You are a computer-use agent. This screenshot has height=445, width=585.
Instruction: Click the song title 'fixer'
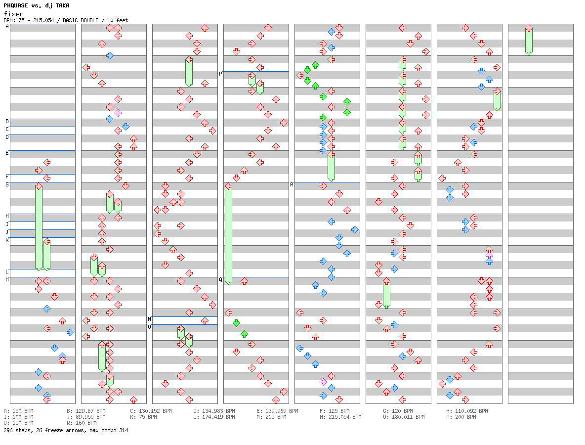13,14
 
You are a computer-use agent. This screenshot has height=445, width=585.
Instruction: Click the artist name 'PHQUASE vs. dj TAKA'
36,5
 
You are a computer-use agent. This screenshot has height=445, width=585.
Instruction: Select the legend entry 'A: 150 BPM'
18,411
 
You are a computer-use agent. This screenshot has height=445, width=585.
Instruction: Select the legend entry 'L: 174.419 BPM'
214,417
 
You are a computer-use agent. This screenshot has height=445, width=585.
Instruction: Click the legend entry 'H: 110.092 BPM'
467,411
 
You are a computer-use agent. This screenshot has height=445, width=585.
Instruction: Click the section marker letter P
220,74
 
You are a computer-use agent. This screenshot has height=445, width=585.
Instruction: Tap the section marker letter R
292,185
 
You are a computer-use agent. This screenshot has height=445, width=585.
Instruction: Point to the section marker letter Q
220,280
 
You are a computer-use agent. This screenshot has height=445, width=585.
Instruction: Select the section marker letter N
149,319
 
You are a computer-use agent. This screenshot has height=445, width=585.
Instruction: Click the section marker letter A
7,27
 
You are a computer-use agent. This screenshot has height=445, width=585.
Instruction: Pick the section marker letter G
7,185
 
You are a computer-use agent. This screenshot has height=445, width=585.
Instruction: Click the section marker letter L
7,271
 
